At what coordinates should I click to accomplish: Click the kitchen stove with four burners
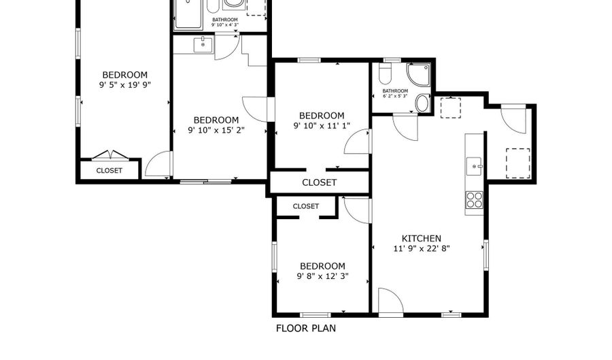tap(474, 200)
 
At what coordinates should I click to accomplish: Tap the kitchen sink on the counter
tap(474, 165)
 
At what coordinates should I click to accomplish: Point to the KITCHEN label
tap(422, 238)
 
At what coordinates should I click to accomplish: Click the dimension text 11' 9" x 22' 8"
tap(422, 249)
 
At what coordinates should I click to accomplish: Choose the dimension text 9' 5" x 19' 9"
tap(124, 86)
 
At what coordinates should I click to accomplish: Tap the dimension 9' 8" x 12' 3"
tap(323, 276)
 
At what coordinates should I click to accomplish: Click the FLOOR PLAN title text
tap(305, 328)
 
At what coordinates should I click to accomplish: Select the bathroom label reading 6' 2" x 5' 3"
tap(394, 97)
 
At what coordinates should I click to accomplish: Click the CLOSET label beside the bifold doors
tap(109, 171)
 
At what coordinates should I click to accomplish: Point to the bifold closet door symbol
tap(109, 154)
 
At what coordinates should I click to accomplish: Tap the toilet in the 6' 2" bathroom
tap(386, 73)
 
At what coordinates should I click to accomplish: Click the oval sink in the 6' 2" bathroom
tap(422, 103)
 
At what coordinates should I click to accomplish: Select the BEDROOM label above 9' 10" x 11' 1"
tap(321, 116)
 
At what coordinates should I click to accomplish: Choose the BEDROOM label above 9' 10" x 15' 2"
tap(216, 120)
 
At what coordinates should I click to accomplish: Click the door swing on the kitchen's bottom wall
tap(390, 301)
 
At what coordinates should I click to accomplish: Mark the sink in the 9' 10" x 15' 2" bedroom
tap(203, 45)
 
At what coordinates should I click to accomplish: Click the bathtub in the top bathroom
tap(188, 14)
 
